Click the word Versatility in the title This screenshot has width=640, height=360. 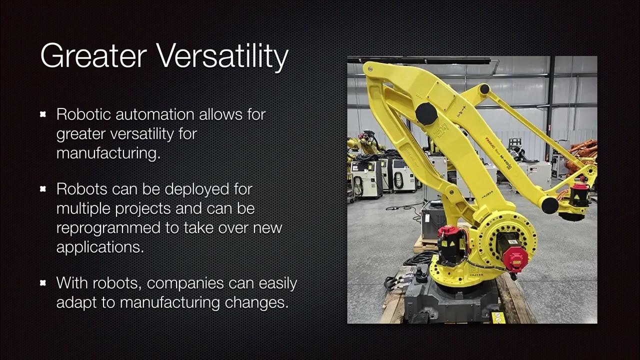223,56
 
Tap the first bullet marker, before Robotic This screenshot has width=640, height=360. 43,114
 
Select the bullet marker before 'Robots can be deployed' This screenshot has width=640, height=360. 43,189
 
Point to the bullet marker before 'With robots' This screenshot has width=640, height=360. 43,283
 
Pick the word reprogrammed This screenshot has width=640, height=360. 105,228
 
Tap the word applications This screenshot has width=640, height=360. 99,247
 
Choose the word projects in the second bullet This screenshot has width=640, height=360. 145,208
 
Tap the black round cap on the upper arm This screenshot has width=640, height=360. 426,113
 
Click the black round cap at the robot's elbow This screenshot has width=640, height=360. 549,205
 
